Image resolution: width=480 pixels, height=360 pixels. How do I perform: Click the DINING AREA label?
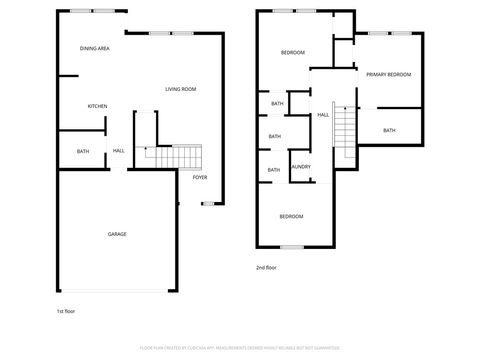pos(95,48)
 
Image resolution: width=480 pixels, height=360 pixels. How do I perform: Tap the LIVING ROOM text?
pos(181,90)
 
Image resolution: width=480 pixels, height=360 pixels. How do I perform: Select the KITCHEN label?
pos(97,106)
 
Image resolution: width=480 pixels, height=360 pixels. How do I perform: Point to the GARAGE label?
pos(117,234)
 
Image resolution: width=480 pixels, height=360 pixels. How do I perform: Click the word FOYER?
pos(200,177)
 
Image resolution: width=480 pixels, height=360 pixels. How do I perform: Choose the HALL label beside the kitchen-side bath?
pos(118,151)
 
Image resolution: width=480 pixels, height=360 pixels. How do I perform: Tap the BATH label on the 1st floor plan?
pos(83,151)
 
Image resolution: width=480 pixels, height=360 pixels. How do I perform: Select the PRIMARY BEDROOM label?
pos(388,75)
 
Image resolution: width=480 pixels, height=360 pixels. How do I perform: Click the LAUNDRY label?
pos(300,167)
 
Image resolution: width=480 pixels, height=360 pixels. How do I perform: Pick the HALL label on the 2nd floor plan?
pos(323,115)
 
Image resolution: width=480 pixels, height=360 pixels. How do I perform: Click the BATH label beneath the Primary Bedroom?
pos(388,130)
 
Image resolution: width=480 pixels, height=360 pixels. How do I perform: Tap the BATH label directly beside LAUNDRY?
pos(273,170)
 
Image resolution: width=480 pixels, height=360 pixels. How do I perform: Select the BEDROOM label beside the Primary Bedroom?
pos(293,52)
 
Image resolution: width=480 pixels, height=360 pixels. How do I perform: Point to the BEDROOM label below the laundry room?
pos(291,216)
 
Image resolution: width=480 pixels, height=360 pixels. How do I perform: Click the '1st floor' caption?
pos(65,311)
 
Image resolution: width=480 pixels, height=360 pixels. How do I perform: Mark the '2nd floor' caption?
pos(266,267)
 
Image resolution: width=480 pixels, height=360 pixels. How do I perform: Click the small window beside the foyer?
pos(208,203)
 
